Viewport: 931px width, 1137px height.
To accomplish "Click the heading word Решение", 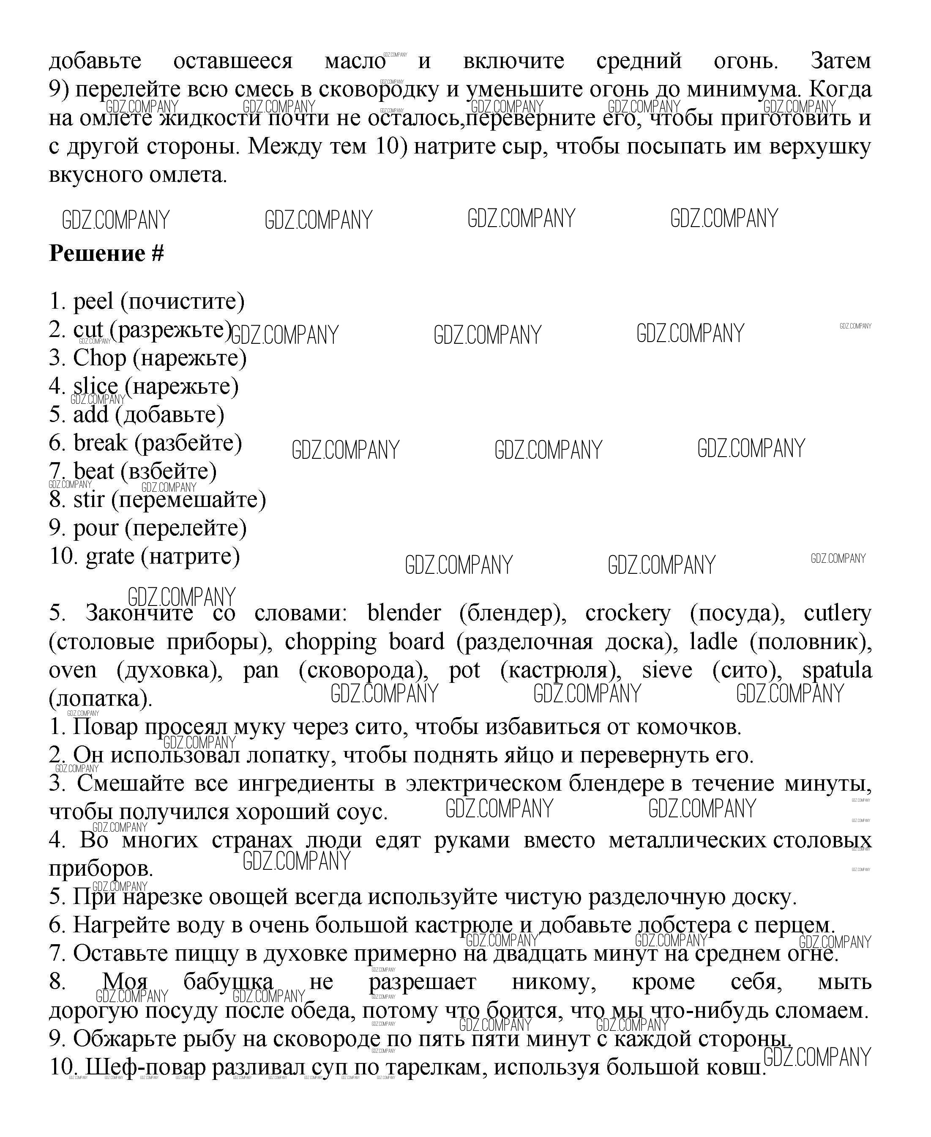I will pos(96,254).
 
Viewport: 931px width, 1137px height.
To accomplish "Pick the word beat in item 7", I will pos(94,471).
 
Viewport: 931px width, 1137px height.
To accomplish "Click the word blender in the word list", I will pos(404,613).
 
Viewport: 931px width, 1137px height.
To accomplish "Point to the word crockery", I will pos(628,613).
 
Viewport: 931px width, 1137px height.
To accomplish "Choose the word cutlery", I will pos(837,613).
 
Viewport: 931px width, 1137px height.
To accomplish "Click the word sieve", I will pos(666,670).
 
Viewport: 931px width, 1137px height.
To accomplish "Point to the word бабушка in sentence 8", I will pos(229,982).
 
